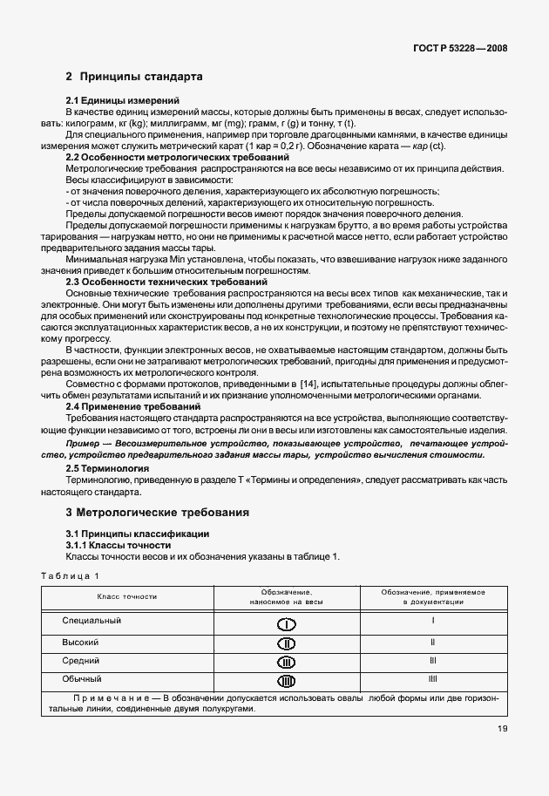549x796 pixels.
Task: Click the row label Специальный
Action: (91, 621)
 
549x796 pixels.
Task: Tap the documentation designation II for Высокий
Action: (433, 641)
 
